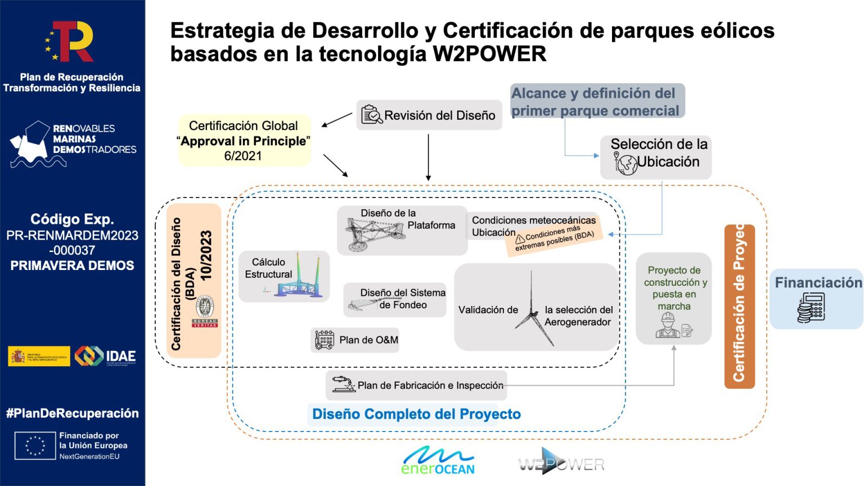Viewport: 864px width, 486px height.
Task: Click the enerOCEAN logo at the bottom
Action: pyautogui.click(x=438, y=460)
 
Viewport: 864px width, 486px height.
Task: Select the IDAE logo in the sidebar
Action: pyautogui.click(x=106, y=355)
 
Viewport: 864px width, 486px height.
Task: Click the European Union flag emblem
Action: pyautogui.click(x=35, y=445)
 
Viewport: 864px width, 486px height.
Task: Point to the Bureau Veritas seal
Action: pyautogui.click(x=205, y=310)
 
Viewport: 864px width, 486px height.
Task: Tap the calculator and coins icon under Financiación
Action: pyautogui.click(x=811, y=308)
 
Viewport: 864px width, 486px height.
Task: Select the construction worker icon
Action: pyautogui.click(x=668, y=325)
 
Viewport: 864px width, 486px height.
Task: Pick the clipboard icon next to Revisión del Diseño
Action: pyautogui.click(x=371, y=115)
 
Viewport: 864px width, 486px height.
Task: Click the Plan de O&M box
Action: pyautogui.click(x=355, y=340)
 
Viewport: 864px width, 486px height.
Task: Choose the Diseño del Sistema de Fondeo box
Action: pyautogui.click(x=395, y=299)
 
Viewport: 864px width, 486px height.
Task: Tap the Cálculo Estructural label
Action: pyautogui.click(x=268, y=268)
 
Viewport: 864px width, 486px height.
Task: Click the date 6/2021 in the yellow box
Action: pyautogui.click(x=243, y=156)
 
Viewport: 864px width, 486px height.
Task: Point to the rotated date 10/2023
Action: pyautogui.click(x=206, y=255)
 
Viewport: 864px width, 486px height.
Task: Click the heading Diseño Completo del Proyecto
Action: pyautogui.click(x=416, y=415)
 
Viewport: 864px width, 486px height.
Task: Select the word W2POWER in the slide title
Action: pyautogui.click(x=489, y=55)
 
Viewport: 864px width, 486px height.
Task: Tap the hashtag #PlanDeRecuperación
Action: pyautogui.click(x=73, y=413)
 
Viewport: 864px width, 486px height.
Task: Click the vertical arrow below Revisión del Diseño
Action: pyautogui.click(x=428, y=157)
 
